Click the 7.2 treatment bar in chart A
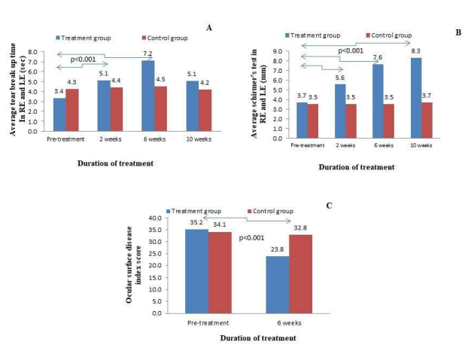147,96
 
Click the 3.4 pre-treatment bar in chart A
59,114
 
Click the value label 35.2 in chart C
197,224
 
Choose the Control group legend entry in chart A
164,37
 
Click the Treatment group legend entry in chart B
315,35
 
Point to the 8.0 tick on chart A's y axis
34,52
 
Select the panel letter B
457,34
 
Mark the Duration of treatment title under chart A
116,160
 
